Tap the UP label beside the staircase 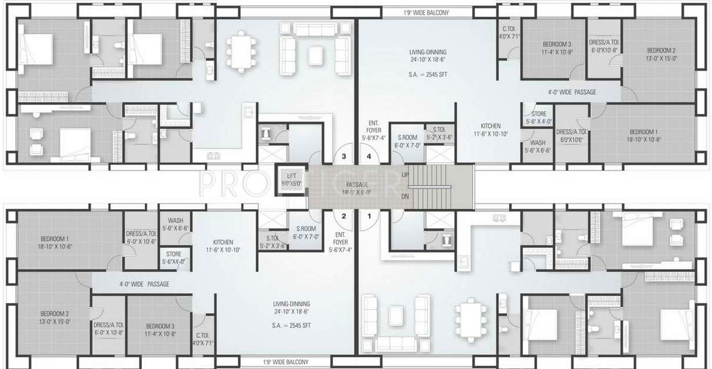405,175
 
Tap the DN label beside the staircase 405,196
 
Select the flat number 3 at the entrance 343,155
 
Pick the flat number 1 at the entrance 369,216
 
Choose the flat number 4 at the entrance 369,155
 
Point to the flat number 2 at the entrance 343,216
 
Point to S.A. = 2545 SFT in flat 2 291,326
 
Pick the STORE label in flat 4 538,114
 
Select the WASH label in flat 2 175,220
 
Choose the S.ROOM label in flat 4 407,137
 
